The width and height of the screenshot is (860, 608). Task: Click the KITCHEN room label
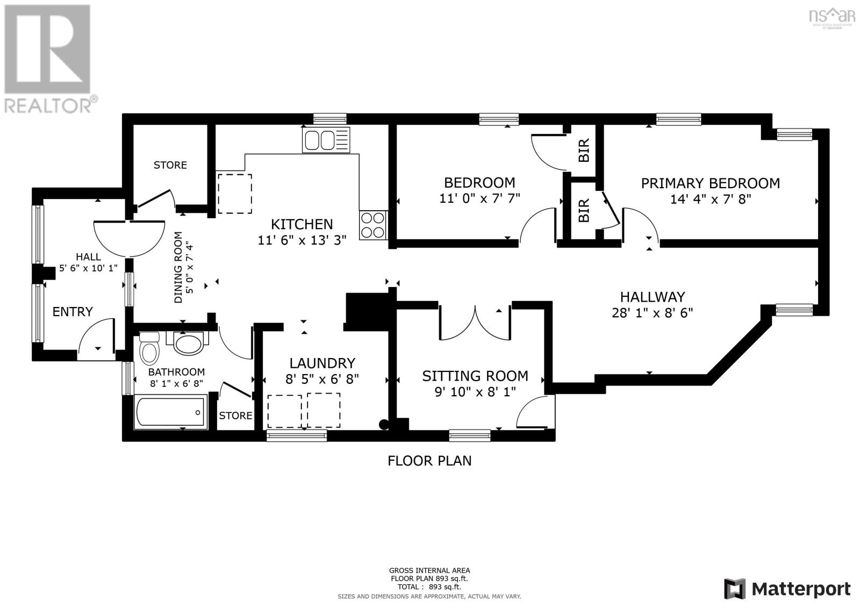tap(302, 224)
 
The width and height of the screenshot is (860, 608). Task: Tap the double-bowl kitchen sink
tap(326, 140)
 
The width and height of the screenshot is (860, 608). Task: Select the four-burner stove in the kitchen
tap(373, 225)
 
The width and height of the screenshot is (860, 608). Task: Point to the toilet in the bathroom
tap(149, 348)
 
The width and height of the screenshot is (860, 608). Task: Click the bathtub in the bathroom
tap(170, 412)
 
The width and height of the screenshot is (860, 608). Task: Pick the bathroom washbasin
tap(188, 343)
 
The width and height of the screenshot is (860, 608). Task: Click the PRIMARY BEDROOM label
tap(710, 183)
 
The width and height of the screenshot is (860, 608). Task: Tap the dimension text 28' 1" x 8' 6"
tap(653, 313)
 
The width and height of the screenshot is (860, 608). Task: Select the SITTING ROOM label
tap(475, 376)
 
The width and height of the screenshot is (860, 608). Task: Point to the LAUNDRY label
tap(322, 363)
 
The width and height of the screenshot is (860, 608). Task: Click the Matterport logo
tap(787, 589)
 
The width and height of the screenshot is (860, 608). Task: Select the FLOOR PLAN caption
tap(429, 461)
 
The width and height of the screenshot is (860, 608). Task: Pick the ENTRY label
tap(73, 311)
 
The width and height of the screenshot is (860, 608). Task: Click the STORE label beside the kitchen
tap(170, 165)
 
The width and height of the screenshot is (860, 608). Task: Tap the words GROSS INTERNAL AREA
tap(429, 571)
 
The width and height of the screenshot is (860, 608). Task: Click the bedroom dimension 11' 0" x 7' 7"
tap(479, 198)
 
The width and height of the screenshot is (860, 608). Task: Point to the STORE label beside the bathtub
tap(235, 416)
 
